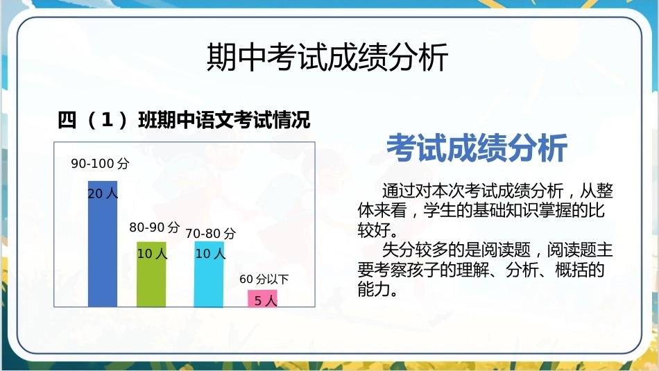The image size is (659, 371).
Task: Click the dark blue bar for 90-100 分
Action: [x=103, y=243]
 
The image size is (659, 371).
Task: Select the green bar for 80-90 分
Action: [x=151, y=274]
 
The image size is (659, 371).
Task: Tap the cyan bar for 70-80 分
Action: [x=209, y=274]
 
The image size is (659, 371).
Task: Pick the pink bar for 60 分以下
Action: [x=262, y=298]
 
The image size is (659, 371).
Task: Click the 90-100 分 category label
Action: [x=100, y=164]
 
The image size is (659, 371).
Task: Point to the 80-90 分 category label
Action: [x=154, y=227]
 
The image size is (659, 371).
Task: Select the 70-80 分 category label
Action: [x=211, y=234]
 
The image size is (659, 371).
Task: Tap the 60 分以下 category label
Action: [x=264, y=279]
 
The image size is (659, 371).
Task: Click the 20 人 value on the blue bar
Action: [x=103, y=193]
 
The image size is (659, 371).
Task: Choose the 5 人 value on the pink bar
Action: [x=266, y=300]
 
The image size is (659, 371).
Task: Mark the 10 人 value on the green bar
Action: [x=152, y=253]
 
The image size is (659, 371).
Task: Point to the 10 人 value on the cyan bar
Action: [x=211, y=253]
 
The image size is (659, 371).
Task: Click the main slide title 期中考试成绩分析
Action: [x=327, y=57]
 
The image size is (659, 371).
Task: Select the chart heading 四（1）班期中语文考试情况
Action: [x=184, y=120]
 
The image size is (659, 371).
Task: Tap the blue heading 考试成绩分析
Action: [x=477, y=148]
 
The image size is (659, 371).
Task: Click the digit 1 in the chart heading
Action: [x=107, y=120]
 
